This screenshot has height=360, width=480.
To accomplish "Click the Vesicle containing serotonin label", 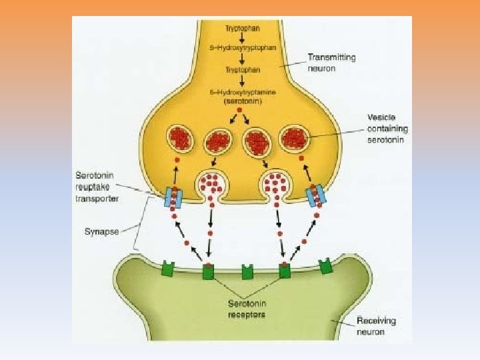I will (x=387, y=128).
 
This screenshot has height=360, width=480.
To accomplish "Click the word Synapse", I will (x=102, y=232).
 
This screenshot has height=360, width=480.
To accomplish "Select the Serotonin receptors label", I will (x=244, y=309).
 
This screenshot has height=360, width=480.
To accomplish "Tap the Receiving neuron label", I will (x=375, y=326).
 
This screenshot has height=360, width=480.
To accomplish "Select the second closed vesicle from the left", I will (x=218, y=141).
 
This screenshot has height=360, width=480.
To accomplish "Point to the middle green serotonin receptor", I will (x=247, y=271).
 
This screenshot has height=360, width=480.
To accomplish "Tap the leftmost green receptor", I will (x=167, y=270).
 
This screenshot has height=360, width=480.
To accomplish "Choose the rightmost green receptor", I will (x=325, y=267).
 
